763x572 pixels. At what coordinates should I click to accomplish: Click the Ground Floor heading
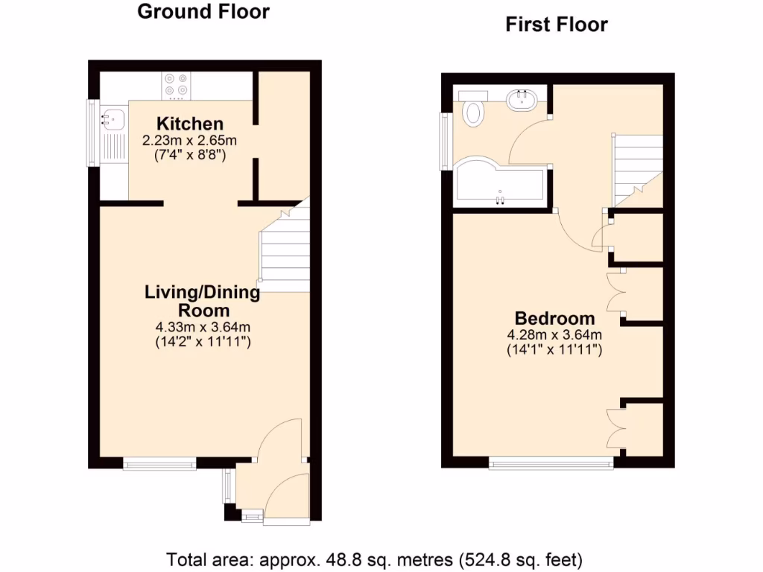[203, 12]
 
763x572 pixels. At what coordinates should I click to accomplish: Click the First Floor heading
[557, 25]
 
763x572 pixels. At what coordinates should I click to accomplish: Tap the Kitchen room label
[189, 124]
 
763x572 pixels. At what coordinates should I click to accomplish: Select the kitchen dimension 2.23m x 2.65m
[189, 140]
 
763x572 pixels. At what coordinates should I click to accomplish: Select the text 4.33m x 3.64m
[203, 327]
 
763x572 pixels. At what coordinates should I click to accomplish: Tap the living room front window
[159, 464]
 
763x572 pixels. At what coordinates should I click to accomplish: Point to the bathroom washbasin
[522, 99]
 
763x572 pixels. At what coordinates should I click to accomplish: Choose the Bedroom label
[555, 319]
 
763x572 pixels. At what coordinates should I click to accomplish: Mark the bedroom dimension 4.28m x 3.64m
[555, 334]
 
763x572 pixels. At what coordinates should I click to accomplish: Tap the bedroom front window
[551, 463]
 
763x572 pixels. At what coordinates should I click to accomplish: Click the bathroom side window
[446, 140]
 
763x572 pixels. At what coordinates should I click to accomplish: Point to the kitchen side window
[92, 134]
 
